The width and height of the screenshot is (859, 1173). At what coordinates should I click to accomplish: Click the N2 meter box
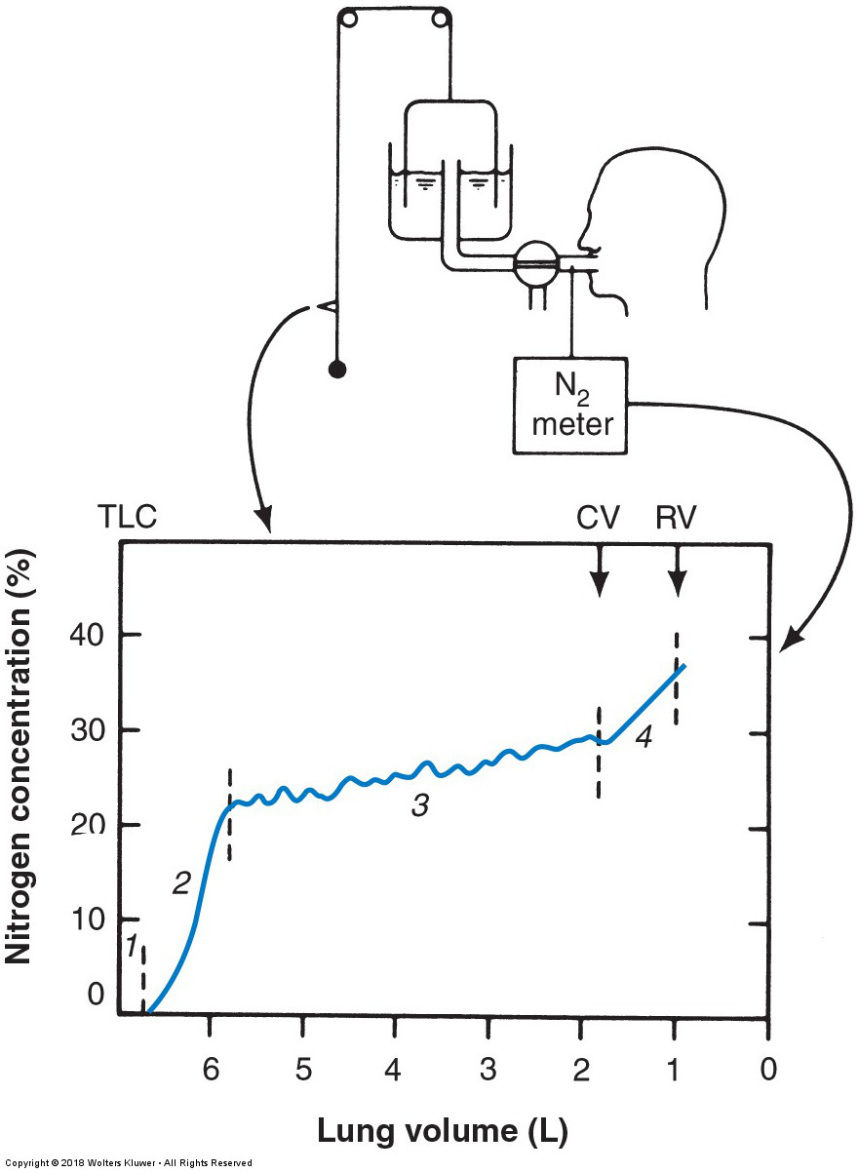(x=569, y=406)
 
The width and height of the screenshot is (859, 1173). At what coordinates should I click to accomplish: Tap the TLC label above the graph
(x=128, y=517)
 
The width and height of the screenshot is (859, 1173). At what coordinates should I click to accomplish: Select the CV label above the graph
(x=598, y=518)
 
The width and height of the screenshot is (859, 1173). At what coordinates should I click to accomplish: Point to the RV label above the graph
(x=676, y=518)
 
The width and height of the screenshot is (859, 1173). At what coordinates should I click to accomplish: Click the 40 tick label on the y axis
(x=87, y=636)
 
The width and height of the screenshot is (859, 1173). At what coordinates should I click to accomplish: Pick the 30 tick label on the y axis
(x=87, y=731)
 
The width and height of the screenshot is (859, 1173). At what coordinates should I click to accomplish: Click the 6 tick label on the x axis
(x=211, y=1069)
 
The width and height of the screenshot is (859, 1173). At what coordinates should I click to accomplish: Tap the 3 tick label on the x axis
(x=488, y=1069)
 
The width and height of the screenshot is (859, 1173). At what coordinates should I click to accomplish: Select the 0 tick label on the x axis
(x=768, y=1069)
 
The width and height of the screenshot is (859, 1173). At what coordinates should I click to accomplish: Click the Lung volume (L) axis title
(x=443, y=1129)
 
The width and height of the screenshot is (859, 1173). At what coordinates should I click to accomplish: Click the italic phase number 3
(x=420, y=806)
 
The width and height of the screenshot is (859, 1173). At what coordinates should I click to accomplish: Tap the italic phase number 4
(x=644, y=738)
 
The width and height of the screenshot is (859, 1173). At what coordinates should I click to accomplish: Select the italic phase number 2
(x=181, y=882)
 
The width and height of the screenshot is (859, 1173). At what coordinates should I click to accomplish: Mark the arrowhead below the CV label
(x=600, y=584)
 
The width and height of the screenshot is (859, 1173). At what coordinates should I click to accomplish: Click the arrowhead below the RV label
(x=678, y=584)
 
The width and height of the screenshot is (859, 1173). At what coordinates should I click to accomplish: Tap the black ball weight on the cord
(x=337, y=370)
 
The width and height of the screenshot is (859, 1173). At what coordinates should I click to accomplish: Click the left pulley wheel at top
(x=350, y=20)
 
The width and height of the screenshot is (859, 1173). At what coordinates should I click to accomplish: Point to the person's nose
(x=582, y=240)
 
